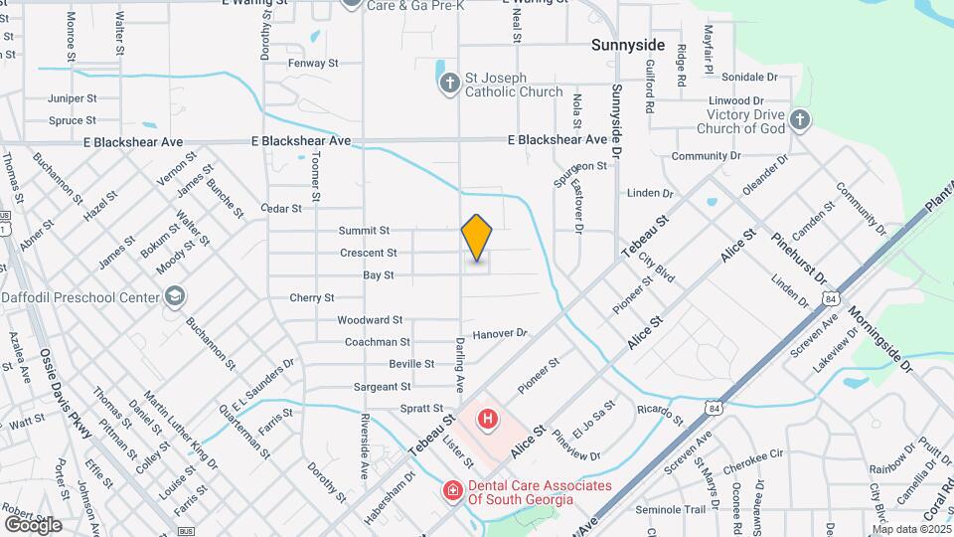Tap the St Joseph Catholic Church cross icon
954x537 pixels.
[x=449, y=83]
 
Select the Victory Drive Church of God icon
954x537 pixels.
[x=801, y=121]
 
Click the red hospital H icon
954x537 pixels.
[x=487, y=419]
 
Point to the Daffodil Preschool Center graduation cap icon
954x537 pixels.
[x=175, y=296]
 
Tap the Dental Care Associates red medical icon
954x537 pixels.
[x=451, y=491]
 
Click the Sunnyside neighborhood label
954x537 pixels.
[x=627, y=46]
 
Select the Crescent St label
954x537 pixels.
[x=368, y=253]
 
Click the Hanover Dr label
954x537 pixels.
[x=498, y=334]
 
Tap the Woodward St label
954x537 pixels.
[x=369, y=320]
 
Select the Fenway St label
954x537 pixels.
[x=313, y=63]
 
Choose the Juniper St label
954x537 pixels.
[x=72, y=98]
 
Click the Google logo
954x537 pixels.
[x=33, y=524]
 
